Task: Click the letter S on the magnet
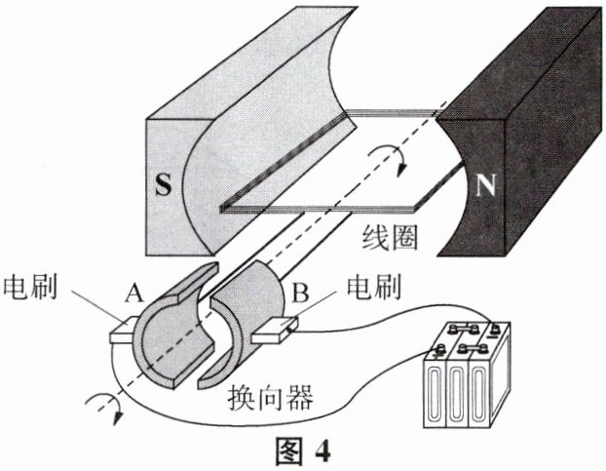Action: tap(165, 186)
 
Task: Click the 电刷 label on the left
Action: tap(35, 289)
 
